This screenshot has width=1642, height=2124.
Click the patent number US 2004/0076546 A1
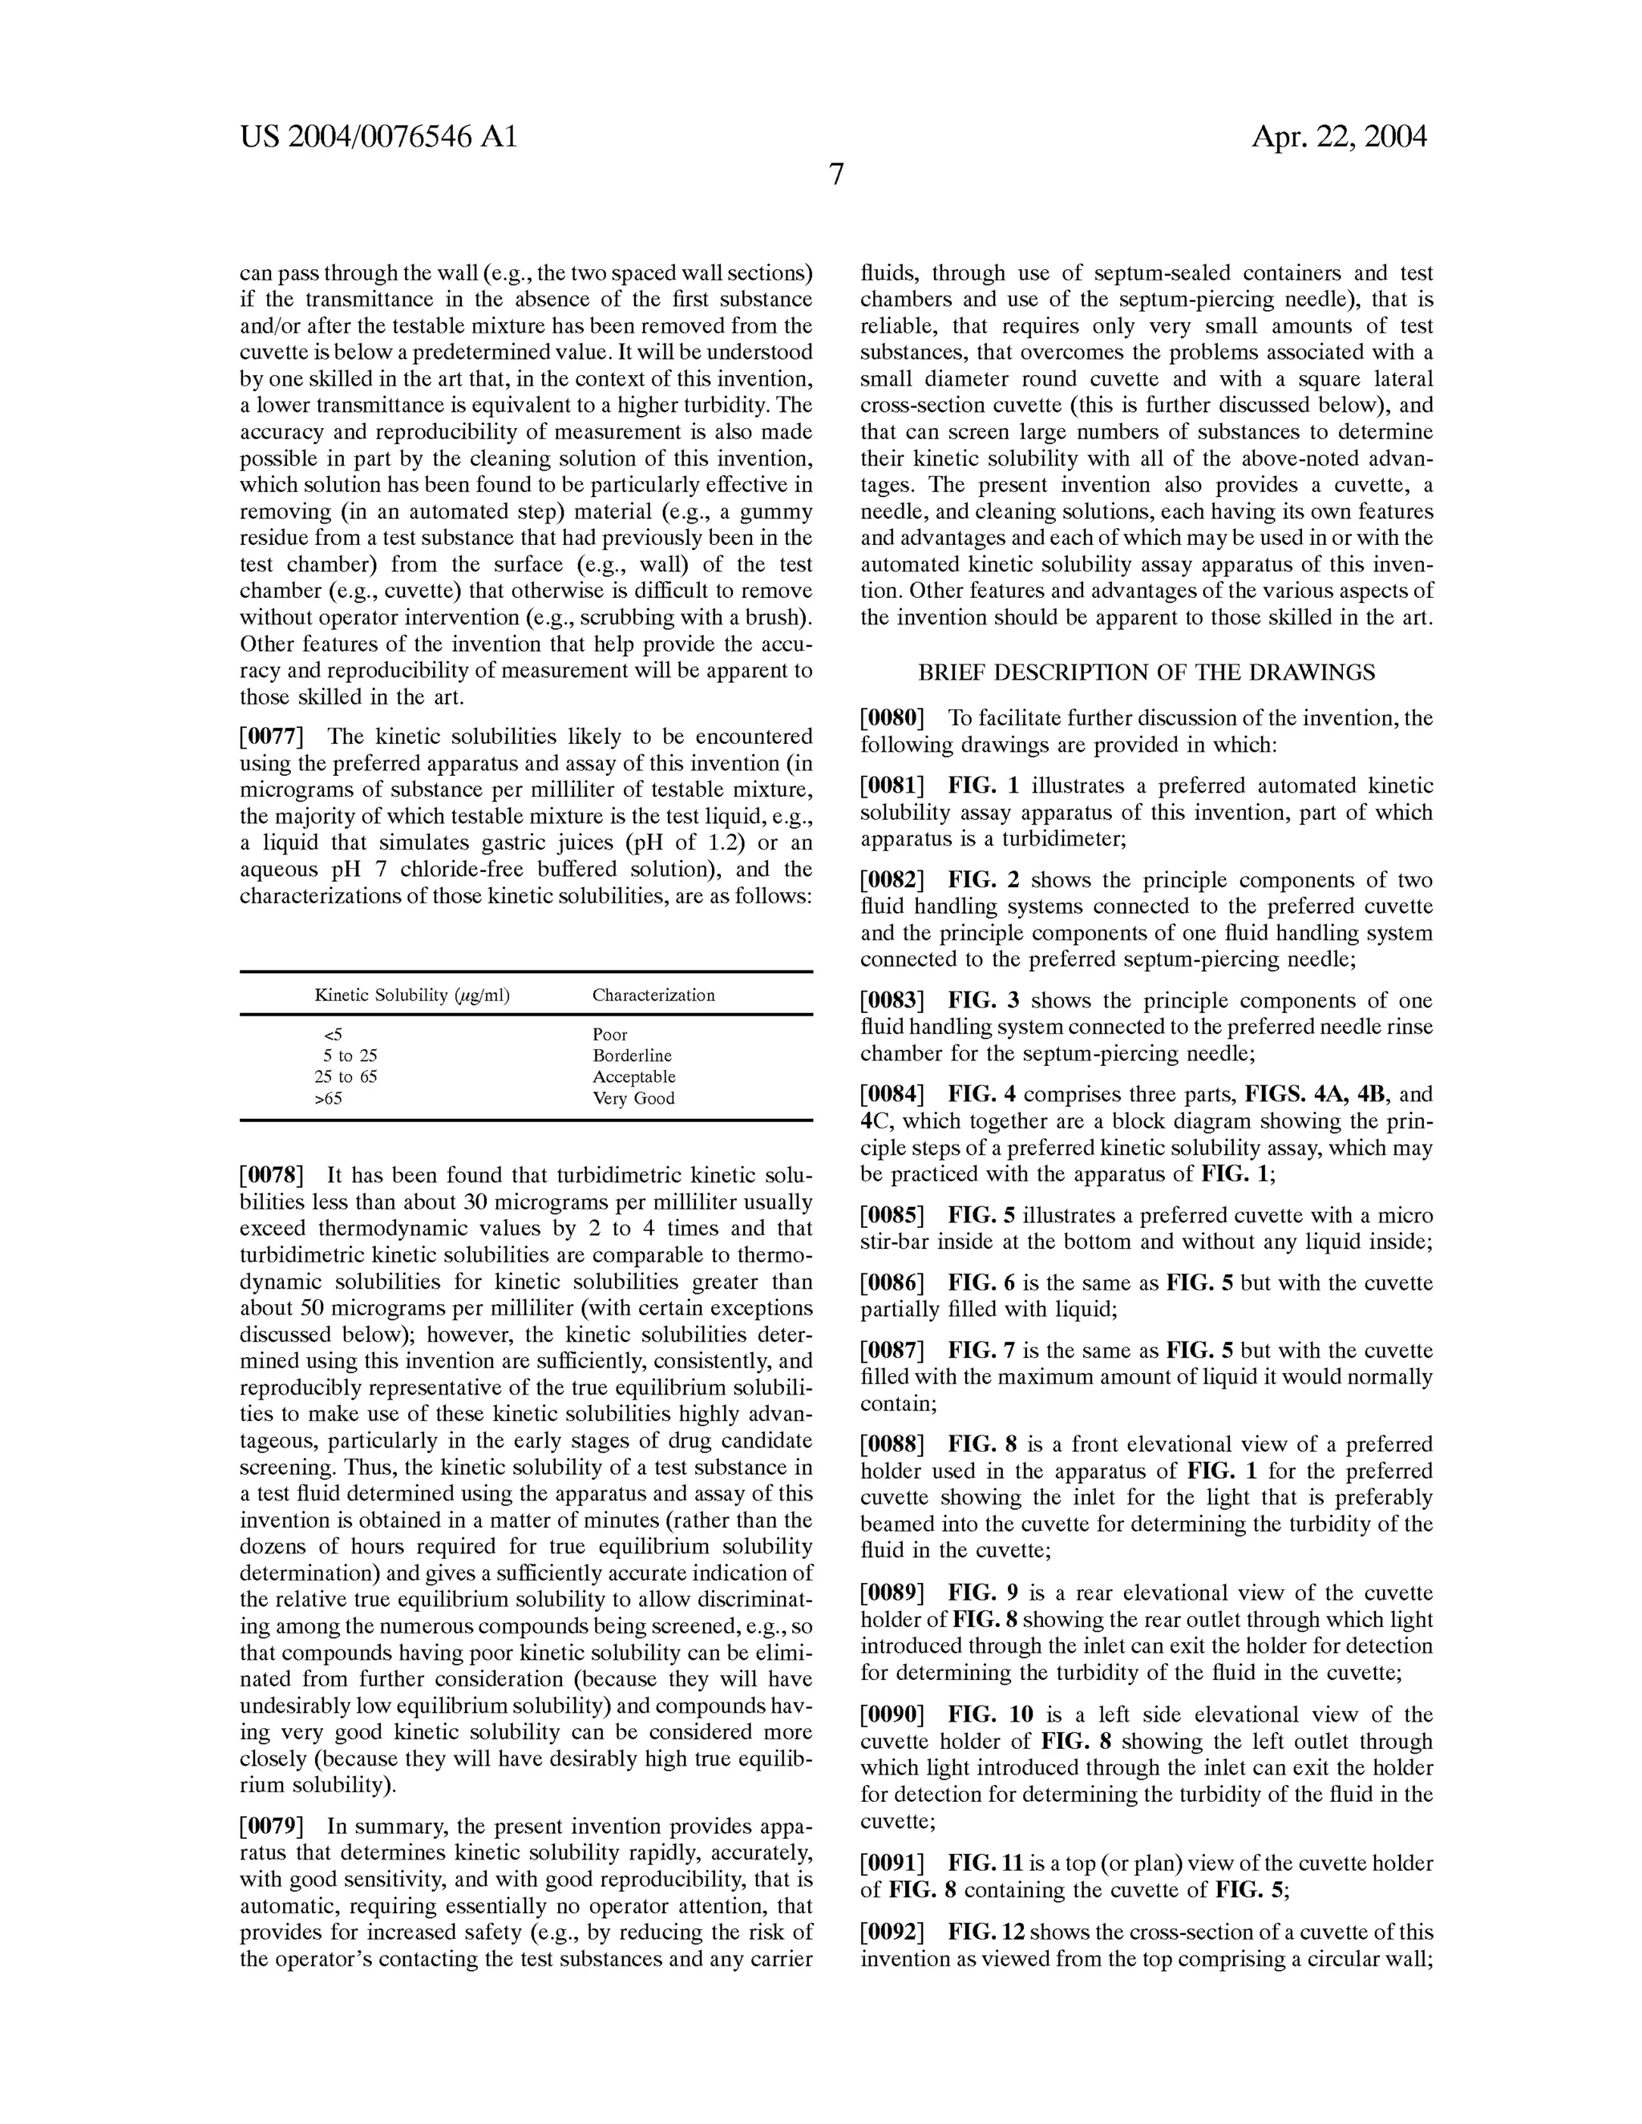coord(378,137)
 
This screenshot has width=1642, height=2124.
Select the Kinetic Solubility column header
coord(411,995)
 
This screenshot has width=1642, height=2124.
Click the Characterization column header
coord(653,995)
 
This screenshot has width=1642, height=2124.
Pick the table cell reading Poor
coord(610,1035)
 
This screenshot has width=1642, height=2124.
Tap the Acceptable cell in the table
coord(633,1077)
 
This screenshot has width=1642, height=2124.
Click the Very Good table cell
coord(633,1099)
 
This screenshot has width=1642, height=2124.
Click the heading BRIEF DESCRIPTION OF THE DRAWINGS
coord(1146,672)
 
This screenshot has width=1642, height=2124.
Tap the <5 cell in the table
coord(332,1035)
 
